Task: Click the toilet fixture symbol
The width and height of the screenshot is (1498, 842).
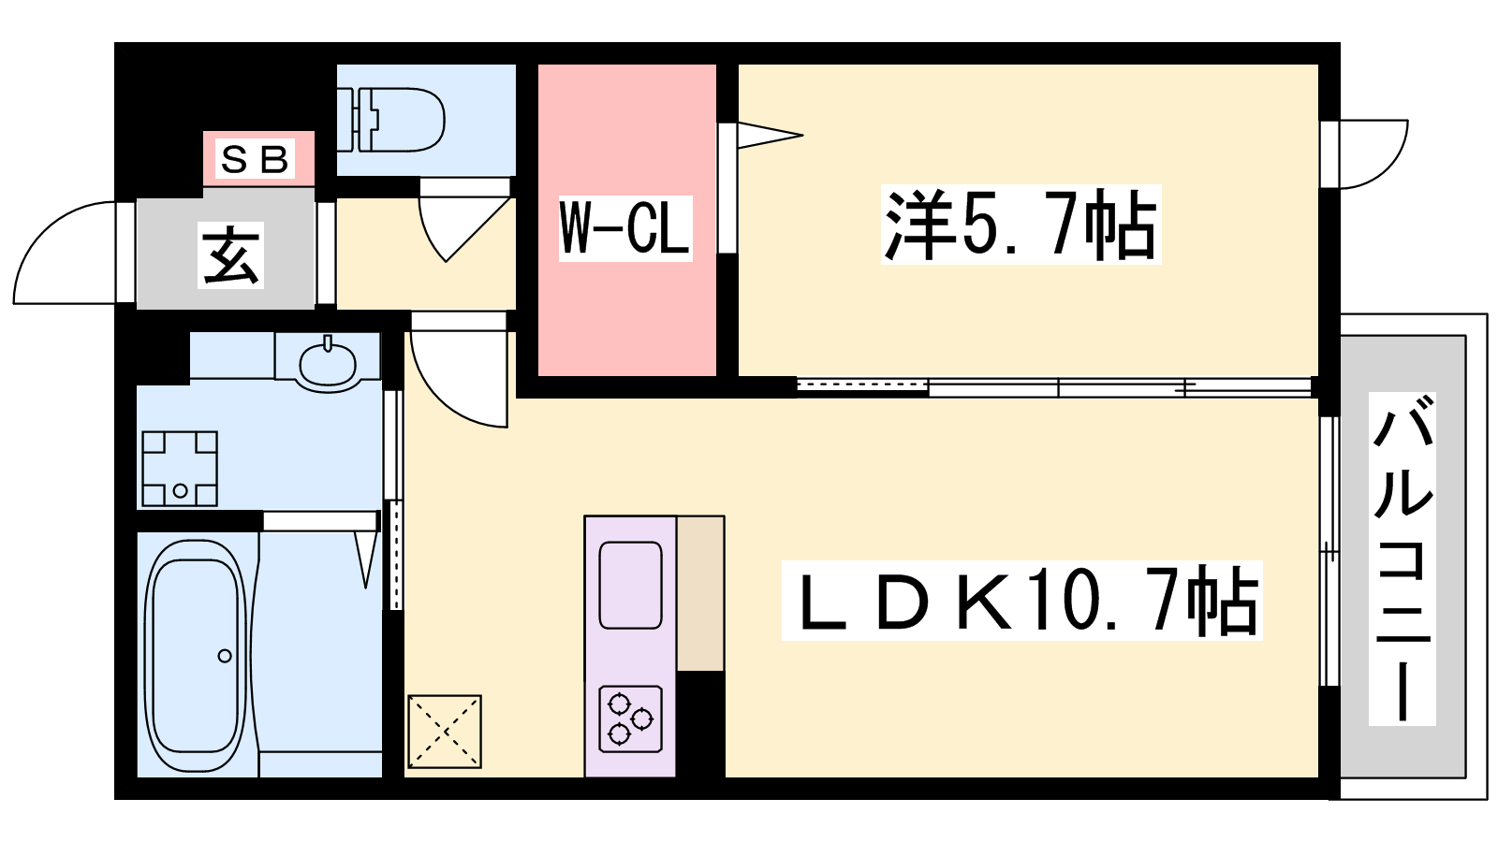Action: click(393, 120)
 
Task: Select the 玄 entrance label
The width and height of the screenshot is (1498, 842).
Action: click(230, 254)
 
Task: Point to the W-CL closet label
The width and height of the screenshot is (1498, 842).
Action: click(624, 228)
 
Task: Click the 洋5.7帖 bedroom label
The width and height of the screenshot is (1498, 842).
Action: click(1020, 225)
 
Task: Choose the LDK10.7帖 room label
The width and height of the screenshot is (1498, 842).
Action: click(1021, 601)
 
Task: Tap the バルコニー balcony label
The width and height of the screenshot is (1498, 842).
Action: click(1402, 559)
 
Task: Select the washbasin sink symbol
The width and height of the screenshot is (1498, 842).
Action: click(328, 362)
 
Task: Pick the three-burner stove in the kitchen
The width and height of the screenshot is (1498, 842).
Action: click(630, 719)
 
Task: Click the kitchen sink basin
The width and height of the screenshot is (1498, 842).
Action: click(630, 586)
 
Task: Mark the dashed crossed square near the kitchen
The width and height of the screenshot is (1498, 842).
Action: click(445, 732)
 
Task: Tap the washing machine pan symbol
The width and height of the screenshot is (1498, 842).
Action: click(180, 469)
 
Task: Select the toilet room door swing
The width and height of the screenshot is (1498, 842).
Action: click(459, 225)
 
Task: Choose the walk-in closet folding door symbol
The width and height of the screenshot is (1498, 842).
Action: click(763, 136)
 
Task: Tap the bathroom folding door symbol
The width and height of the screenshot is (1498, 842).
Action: click(367, 557)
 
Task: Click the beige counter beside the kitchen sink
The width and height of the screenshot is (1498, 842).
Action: click(700, 593)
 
